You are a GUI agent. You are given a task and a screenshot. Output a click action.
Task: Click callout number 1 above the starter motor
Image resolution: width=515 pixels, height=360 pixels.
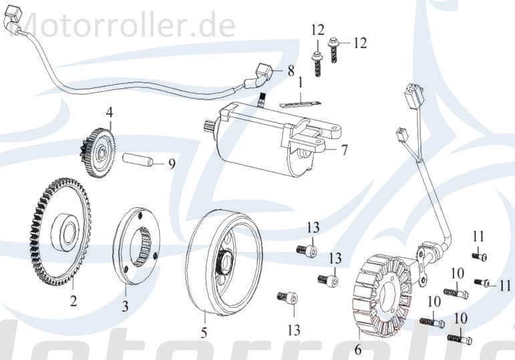[x=301, y=83]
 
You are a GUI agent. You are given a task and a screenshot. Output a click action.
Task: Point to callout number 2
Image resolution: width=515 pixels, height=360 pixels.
[x=73, y=301]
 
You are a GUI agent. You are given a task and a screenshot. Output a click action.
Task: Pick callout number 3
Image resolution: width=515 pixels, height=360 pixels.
[x=125, y=307]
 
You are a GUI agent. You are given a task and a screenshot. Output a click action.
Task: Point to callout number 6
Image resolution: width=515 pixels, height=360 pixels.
[x=357, y=349]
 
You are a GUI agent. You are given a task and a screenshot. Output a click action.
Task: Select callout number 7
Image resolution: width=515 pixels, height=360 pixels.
[x=344, y=150]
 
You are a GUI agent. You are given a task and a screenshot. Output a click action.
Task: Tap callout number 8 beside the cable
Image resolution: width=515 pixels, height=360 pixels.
[x=291, y=70]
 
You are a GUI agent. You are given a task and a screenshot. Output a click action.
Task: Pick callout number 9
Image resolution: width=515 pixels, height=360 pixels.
[x=172, y=164]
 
